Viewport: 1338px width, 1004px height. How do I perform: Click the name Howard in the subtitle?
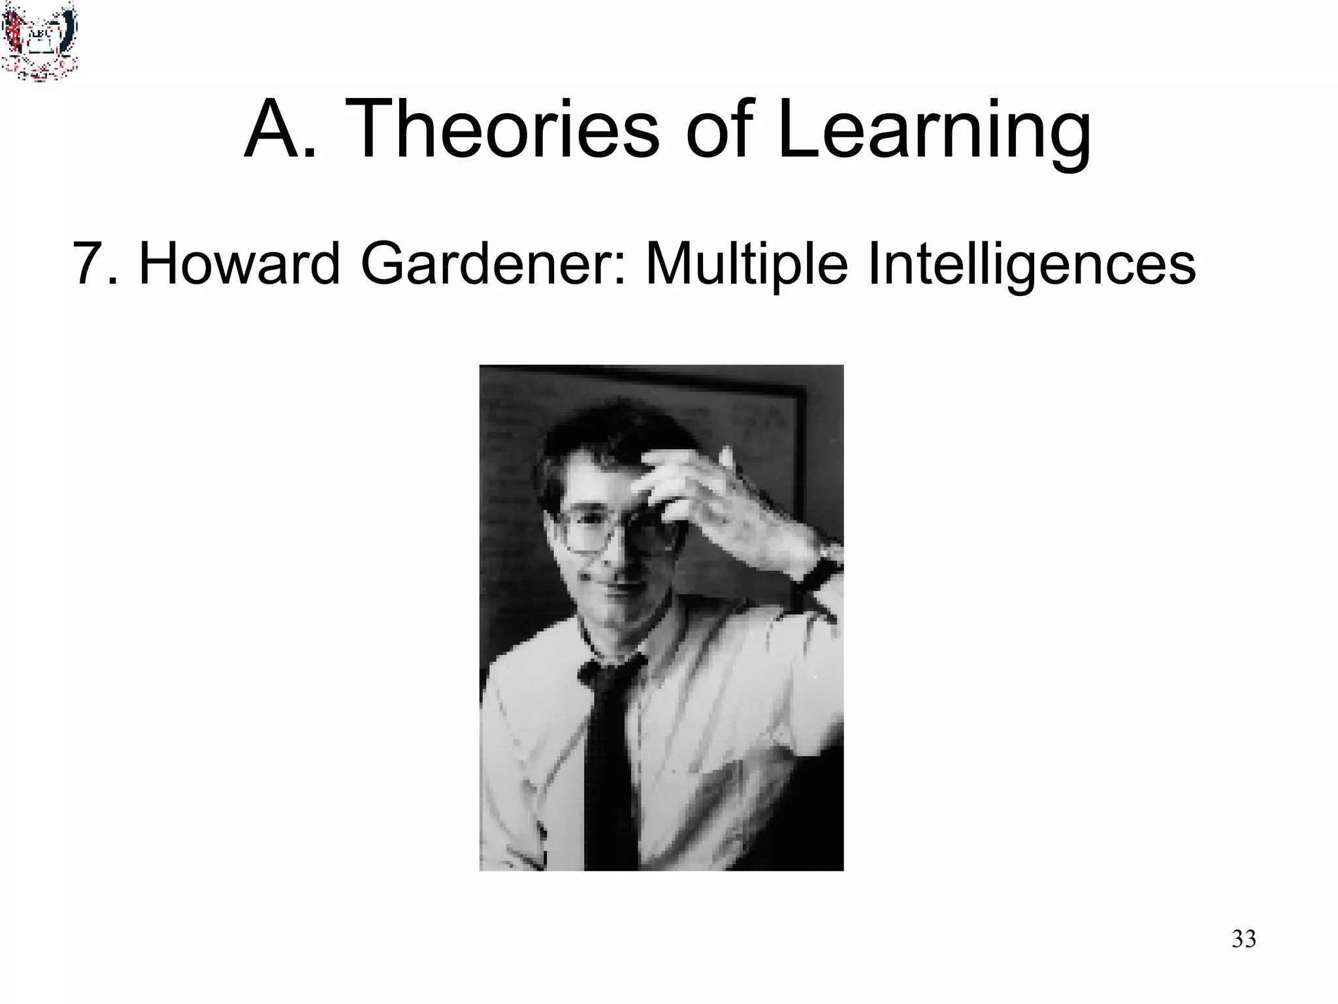239,264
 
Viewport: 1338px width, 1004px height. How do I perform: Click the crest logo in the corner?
39,41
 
